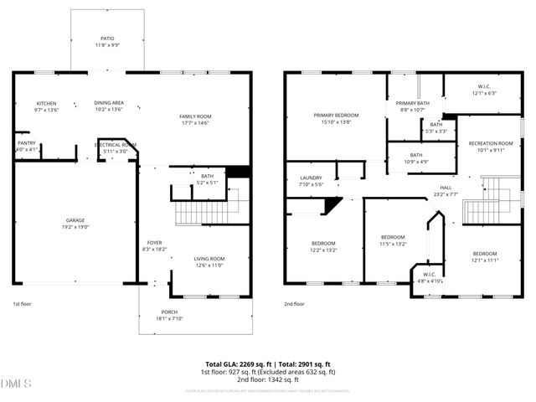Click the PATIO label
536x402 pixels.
107,39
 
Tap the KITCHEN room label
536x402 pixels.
23,103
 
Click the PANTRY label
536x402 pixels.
26,143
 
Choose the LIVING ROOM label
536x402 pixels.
209,259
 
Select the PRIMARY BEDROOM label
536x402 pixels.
336,115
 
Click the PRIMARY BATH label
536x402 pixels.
412,103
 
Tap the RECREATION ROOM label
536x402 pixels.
490,143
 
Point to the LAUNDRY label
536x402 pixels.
311,178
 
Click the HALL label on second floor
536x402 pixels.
446,187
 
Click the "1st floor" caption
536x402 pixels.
23,304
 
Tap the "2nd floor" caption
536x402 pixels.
294,304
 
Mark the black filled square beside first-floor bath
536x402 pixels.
240,173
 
